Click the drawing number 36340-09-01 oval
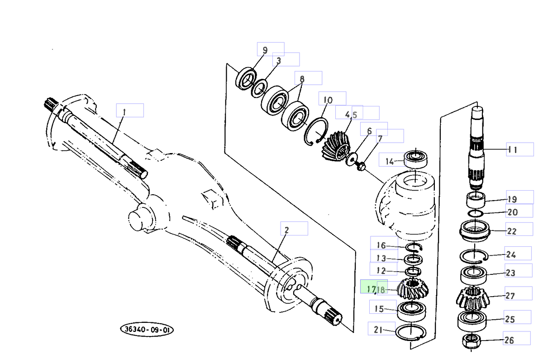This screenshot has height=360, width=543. click(x=147, y=330)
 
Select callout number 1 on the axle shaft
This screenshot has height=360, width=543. click(x=124, y=112)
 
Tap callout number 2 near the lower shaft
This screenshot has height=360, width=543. click(x=286, y=230)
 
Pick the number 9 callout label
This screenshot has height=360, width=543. click(x=265, y=50)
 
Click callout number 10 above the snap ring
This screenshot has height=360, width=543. click(x=328, y=100)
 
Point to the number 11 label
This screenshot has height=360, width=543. click(x=512, y=150)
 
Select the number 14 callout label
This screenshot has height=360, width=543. click(x=390, y=161)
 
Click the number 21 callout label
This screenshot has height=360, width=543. click(x=378, y=330)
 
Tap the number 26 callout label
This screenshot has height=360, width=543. click(x=509, y=341)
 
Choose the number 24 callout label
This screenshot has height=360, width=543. click(x=511, y=254)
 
